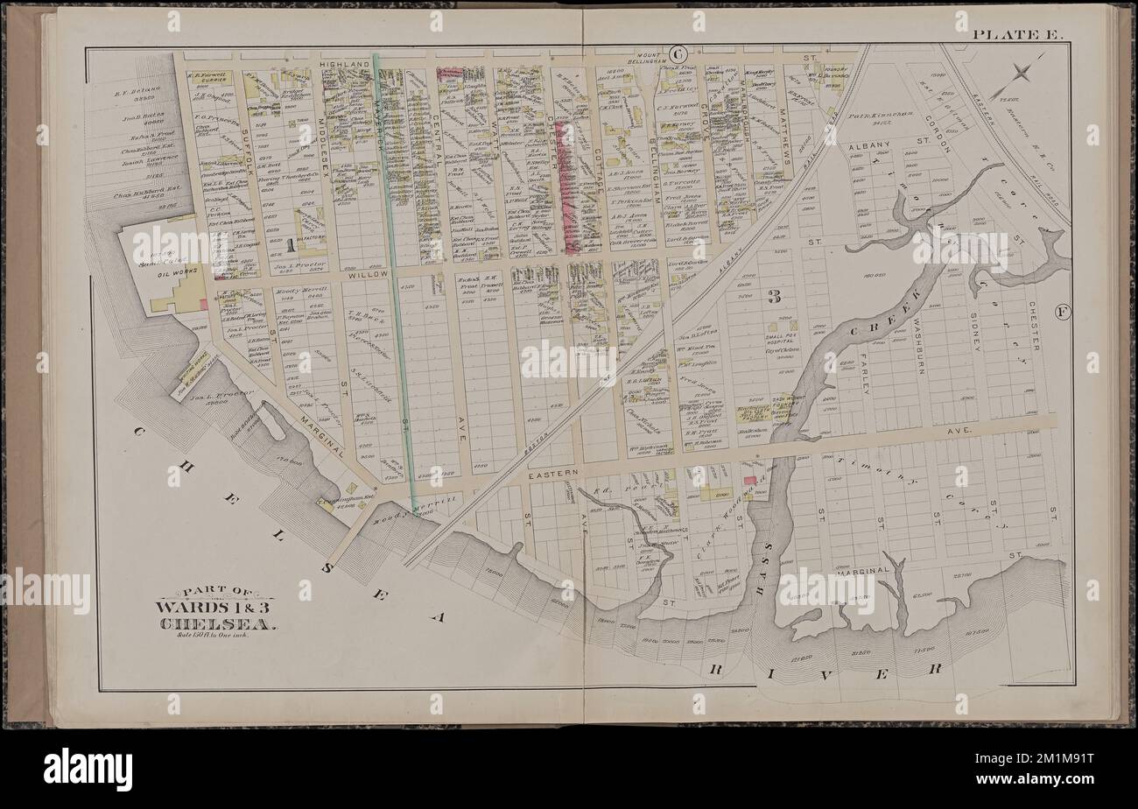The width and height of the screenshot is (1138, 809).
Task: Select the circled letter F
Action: [1063, 312]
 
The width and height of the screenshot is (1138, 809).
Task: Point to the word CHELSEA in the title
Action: [218, 624]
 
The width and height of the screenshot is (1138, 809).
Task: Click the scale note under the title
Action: [216, 637]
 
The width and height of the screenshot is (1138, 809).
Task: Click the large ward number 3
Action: [774, 296]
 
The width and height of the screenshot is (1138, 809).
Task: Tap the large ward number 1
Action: [290, 243]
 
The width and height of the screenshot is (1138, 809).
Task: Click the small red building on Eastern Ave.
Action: [750, 480]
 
